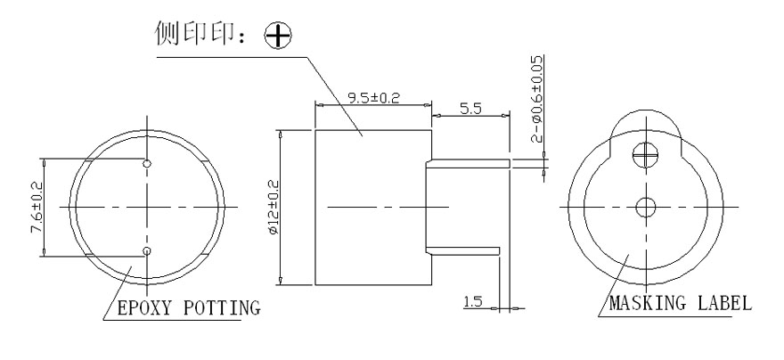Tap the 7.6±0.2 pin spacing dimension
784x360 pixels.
coord(35,209)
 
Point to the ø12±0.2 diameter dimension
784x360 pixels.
coord(273,207)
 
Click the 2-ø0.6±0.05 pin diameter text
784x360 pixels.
coord(535,98)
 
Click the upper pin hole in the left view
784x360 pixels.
coord(148,163)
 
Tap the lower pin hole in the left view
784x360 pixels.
coord(148,251)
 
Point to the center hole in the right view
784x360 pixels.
coord(643,208)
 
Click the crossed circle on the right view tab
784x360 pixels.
coord(643,157)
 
